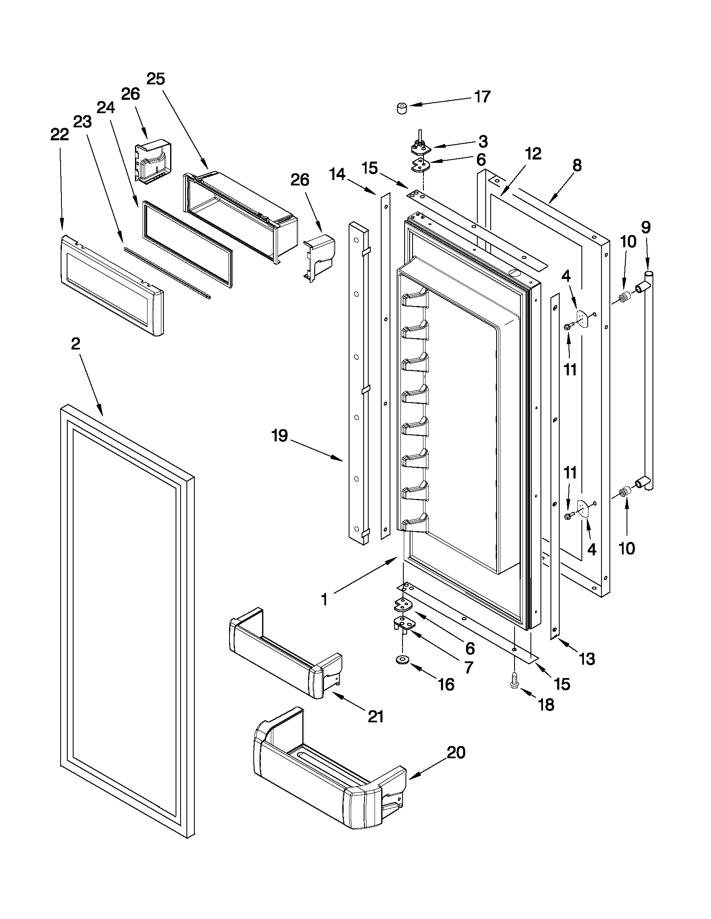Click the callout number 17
point(482,97)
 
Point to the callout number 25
point(155,78)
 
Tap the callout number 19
point(279,435)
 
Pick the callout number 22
point(59,134)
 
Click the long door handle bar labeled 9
point(649,379)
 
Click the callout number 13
point(587,658)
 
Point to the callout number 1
point(324,600)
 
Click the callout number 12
point(533,154)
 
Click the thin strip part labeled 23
point(168,273)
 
